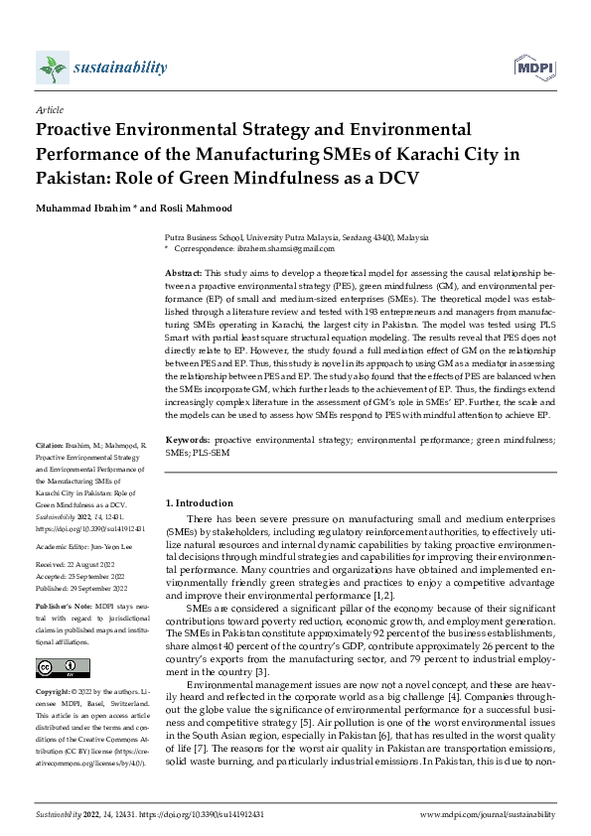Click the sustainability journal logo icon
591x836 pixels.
coord(51,69)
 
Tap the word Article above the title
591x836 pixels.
coord(49,110)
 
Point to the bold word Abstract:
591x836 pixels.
coord(183,272)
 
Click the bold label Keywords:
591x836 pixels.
coord(186,438)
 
